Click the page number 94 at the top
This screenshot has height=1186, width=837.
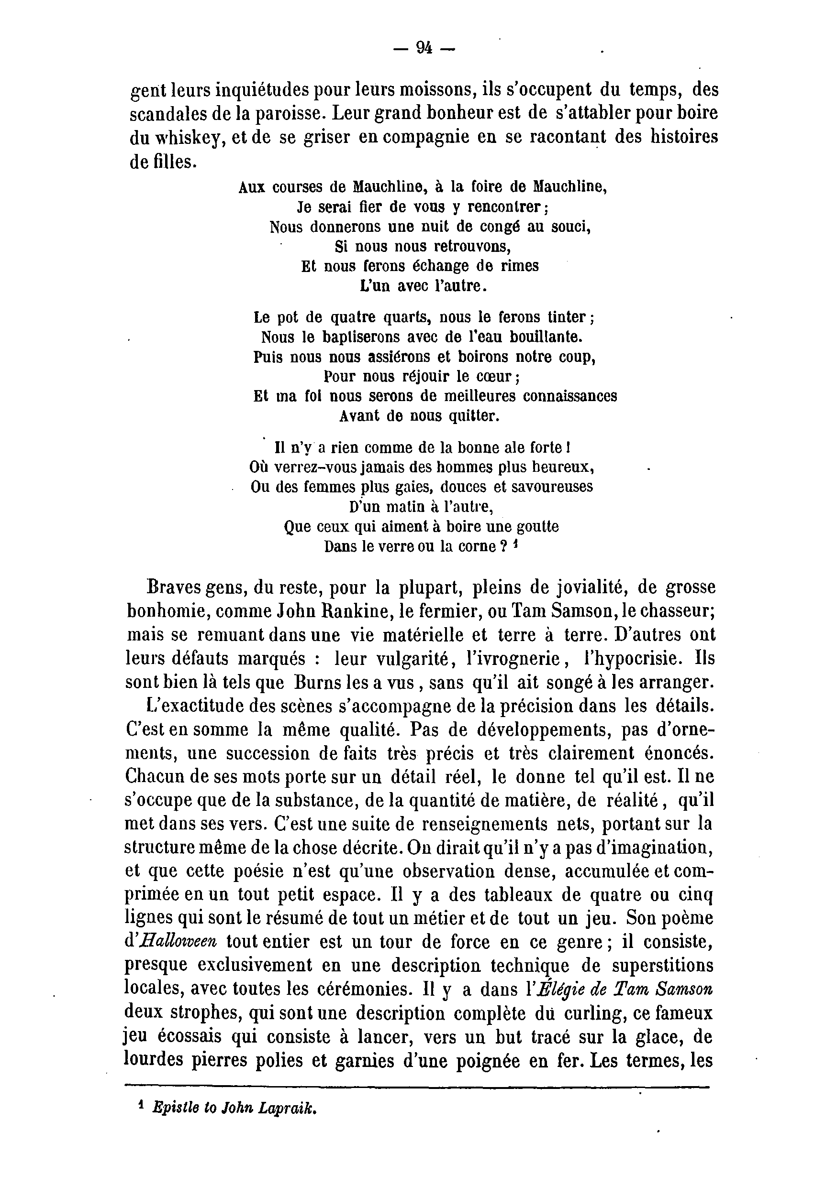pos(424,48)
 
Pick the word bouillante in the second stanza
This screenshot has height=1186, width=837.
pos(546,337)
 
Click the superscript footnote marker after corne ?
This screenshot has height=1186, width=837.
pos(515,544)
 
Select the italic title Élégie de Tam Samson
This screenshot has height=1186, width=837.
pos(621,989)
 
